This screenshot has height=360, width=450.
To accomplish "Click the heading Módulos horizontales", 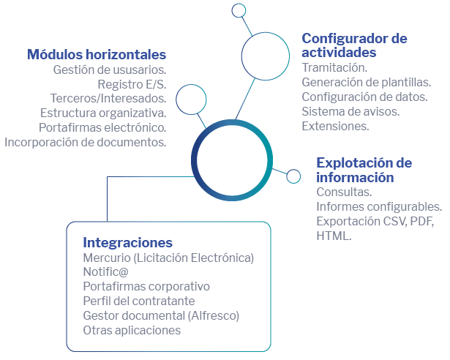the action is (97, 54).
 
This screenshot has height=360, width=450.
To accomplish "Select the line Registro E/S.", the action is (132, 84).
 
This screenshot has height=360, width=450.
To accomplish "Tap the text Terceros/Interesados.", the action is (108, 99).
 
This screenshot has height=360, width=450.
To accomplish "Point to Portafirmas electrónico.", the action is (102, 128).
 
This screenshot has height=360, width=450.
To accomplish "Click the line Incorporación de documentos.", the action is (86, 143).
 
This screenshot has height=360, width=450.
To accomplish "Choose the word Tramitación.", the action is (334, 68).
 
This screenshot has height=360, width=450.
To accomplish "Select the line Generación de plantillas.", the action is (367, 83).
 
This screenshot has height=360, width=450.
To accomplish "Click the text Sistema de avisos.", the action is (350, 112).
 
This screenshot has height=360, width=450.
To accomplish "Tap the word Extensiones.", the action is (336, 127).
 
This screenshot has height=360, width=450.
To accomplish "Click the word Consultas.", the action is (344, 192).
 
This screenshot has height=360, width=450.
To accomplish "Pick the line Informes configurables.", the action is (379, 206).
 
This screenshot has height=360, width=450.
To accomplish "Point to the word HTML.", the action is (334, 236).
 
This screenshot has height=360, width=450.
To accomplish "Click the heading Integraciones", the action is (128, 243).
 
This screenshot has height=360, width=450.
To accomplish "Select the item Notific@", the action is (105, 272).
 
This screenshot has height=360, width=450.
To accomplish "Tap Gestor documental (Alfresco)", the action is (161, 316).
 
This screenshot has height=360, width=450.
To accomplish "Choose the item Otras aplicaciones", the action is (132, 331).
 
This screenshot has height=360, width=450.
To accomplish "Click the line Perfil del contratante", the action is (139, 301).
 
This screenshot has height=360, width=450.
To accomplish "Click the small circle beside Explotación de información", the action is (293, 176).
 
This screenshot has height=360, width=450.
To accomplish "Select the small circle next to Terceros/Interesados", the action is (191, 100).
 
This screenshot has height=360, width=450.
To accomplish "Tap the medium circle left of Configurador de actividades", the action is (241, 56).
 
